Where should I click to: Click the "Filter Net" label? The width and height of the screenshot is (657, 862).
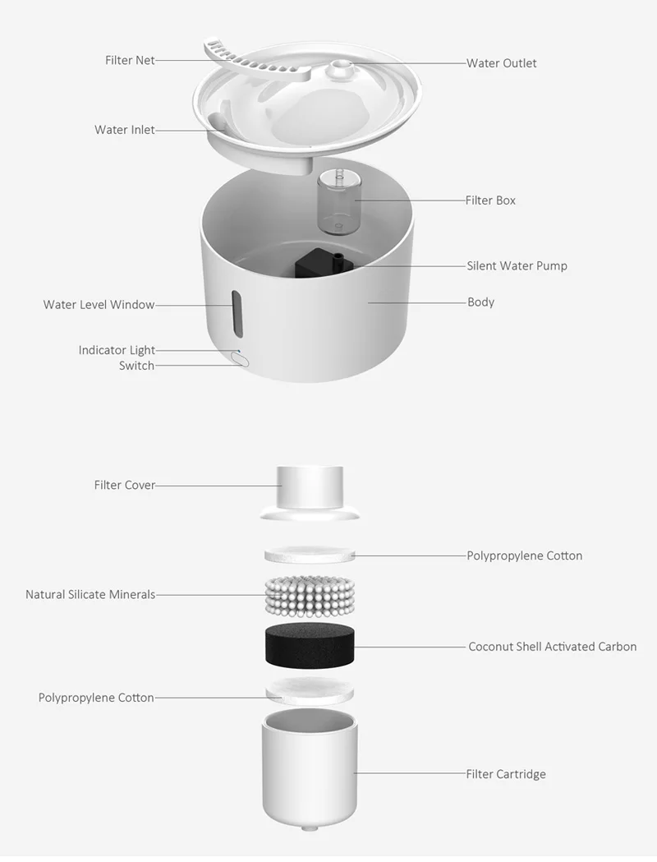[131, 60]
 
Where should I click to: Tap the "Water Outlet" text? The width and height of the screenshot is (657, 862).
[502, 63]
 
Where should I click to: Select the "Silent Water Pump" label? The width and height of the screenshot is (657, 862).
[517, 266]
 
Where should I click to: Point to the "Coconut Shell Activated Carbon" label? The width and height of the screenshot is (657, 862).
[552, 647]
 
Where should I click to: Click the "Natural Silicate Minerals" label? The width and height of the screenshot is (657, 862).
[90, 594]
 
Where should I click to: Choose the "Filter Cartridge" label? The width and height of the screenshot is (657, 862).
[506, 774]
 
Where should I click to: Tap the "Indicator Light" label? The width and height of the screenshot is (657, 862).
[117, 350]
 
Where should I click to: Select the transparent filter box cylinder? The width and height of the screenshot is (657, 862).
[338, 202]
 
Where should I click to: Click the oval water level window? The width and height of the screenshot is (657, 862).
[237, 314]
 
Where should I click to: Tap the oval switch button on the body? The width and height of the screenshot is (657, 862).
[240, 360]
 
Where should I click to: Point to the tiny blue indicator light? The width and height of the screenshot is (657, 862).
[238, 349]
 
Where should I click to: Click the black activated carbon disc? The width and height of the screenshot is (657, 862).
[310, 646]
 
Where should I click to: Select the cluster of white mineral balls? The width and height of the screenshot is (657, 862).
[310, 597]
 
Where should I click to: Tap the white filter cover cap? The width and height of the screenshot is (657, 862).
[310, 493]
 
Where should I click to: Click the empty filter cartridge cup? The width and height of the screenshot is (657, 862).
[310, 770]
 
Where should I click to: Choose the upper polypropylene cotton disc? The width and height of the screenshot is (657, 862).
[310, 554]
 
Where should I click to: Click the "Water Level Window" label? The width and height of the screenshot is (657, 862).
[99, 305]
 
